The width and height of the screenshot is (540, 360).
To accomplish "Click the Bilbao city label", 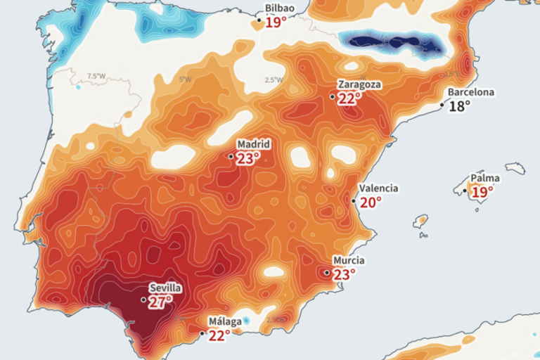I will [x=279, y=8].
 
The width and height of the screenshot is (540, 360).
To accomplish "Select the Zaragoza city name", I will [x=359, y=84].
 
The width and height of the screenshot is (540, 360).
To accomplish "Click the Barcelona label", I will [x=471, y=92].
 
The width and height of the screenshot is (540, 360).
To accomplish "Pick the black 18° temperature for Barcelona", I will [x=460, y=106].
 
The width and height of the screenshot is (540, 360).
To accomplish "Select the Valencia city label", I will [x=378, y=188].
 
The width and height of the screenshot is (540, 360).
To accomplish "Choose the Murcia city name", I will [x=349, y=260].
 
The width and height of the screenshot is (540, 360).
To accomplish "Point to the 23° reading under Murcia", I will [x=344, y=275].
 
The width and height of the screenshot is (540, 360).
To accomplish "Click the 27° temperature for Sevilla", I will [x=160, y=303].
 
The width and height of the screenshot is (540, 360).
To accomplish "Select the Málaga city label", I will [x=225, y=322].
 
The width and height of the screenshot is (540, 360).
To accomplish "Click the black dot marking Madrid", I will [x=231, y=156].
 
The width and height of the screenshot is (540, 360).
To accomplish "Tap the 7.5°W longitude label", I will [x=96, y=76].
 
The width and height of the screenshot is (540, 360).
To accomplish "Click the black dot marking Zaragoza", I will [x=333, y=96].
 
